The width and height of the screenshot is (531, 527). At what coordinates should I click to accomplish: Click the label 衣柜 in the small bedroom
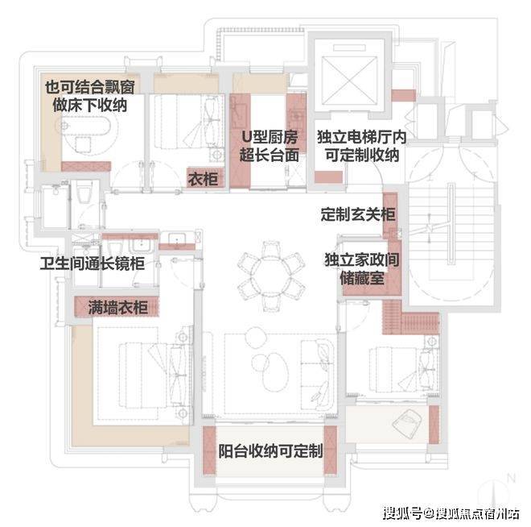coord(204,179)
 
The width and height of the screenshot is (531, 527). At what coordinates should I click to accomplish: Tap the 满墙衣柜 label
coord(117,307)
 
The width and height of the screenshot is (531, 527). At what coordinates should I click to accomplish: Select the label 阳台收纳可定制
coord(270,451)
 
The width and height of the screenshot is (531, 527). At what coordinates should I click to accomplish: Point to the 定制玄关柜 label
coord(358,214)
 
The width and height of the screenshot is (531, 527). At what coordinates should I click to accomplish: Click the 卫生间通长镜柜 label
coord(92,263)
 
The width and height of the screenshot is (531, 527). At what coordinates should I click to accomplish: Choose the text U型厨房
coord(270,137)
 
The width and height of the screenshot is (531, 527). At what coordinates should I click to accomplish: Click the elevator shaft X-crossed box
coord(349,81)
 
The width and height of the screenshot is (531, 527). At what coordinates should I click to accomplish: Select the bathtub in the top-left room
coord(86,127)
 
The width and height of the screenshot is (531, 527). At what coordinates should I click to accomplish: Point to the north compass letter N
coord(511,478)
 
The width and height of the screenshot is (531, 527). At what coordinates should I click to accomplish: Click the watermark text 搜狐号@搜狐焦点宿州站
coord(451,513)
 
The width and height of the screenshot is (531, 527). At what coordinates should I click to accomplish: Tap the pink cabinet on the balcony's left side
coord(209,450)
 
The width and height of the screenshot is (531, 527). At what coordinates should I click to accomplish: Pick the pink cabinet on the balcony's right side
coord(330,450)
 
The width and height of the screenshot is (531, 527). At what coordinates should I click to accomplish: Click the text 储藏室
coord(362,279)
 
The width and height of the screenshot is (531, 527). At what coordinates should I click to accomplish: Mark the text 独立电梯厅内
coord(362,137)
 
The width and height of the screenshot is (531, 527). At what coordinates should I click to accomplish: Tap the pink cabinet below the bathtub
coord(86,166)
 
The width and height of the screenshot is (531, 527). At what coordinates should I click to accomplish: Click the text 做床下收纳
coord(90,105)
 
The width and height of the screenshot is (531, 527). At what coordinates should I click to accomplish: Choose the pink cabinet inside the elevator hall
coord(328,177)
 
